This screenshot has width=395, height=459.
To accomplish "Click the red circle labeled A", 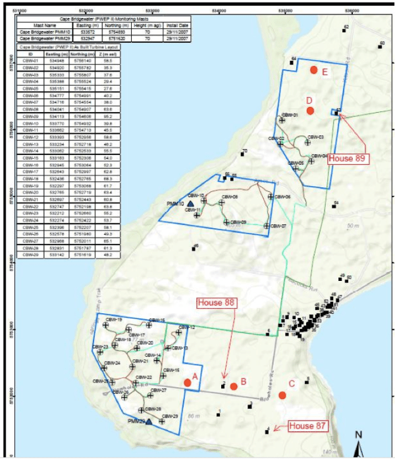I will (x=187, y=382).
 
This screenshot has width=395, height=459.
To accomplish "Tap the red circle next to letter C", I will (x=282, y=395).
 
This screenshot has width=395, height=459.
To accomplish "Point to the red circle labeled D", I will (x=310, y=110).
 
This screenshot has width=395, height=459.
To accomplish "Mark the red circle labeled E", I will (x=314, y=69).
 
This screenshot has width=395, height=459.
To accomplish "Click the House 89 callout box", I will (x=346, y=158).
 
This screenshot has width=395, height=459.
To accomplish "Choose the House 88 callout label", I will (x=217, y=302).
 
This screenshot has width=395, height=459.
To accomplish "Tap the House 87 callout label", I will (x=307, y=427).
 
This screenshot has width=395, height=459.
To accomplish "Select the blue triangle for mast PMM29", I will (x=149, y=421).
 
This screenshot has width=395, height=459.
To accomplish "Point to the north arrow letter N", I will (x=358, y=435).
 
